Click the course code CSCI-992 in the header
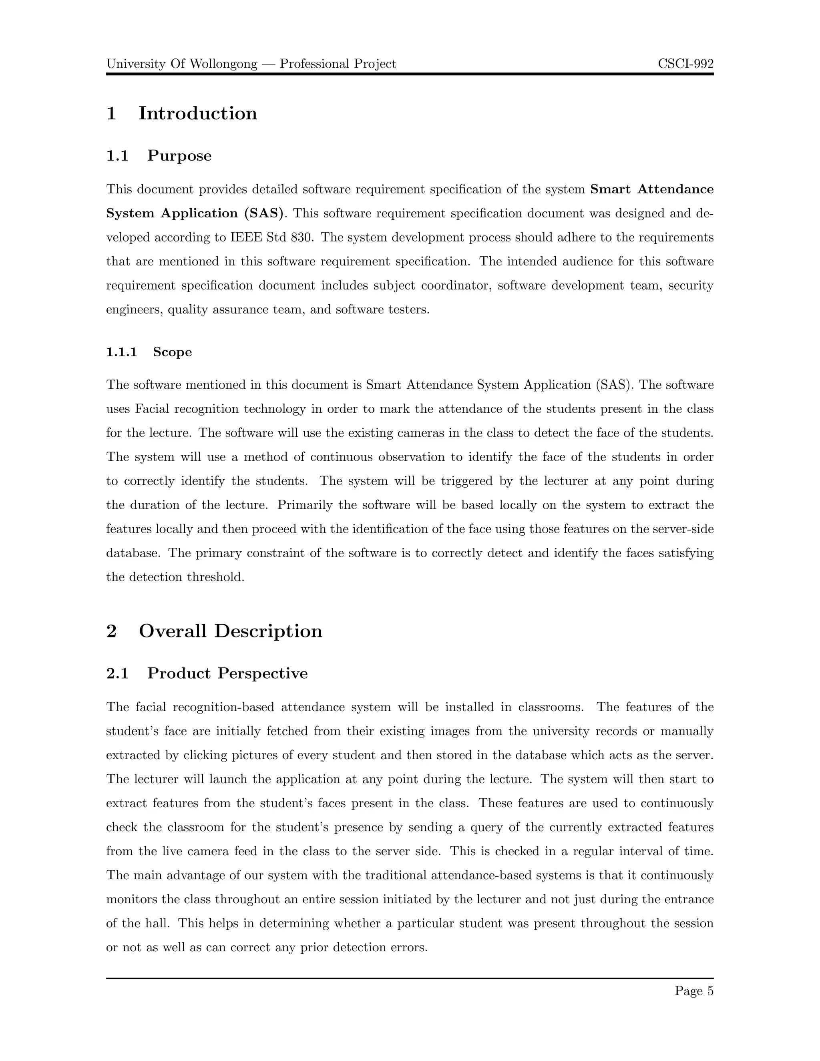[x=685, y=64]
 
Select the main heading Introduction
[x=198, y=114]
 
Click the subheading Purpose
[x=179, y=156]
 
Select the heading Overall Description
[x=230, y=631]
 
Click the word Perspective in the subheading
[x=262, y=673]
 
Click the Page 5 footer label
[x=694, y=991]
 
